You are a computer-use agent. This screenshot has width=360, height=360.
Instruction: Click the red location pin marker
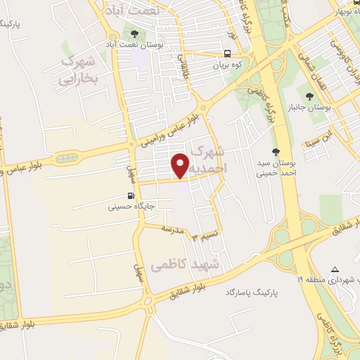click(x=181, y=165)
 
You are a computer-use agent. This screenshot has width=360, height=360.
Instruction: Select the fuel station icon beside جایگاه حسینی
click(x=130, y=196)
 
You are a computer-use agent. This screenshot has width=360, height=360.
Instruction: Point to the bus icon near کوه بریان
click(x=227, y=53)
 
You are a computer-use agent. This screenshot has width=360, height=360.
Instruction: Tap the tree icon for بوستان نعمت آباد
click(x=133, y=33)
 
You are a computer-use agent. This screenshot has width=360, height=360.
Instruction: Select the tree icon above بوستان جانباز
click(x=307, y=96)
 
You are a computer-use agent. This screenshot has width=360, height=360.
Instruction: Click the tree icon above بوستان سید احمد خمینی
click(x=276, y=152)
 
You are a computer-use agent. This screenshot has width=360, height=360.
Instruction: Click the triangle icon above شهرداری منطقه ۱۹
click(x=335, y=270)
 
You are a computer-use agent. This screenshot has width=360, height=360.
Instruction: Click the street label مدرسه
click(x=172, y=229)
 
